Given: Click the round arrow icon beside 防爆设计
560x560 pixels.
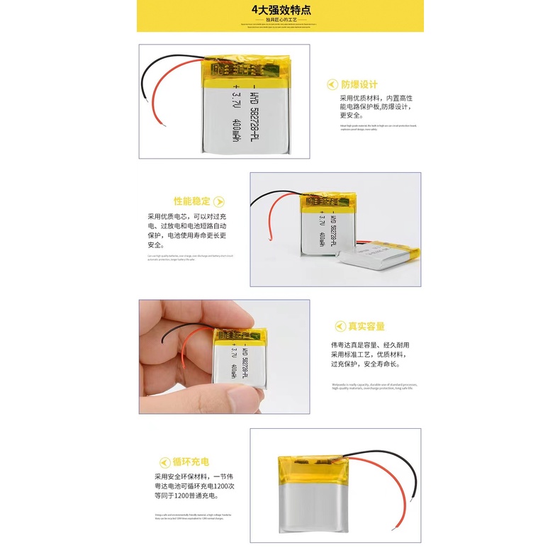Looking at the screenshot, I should [x=332, y=84].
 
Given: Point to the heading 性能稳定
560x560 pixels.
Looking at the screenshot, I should [x=193, y=201].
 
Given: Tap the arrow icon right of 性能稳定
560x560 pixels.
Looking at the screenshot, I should [x=219, y=201].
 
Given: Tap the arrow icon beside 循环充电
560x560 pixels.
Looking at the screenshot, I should [x=164, y=462].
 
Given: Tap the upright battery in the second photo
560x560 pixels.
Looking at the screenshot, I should [x=325, y=227].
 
